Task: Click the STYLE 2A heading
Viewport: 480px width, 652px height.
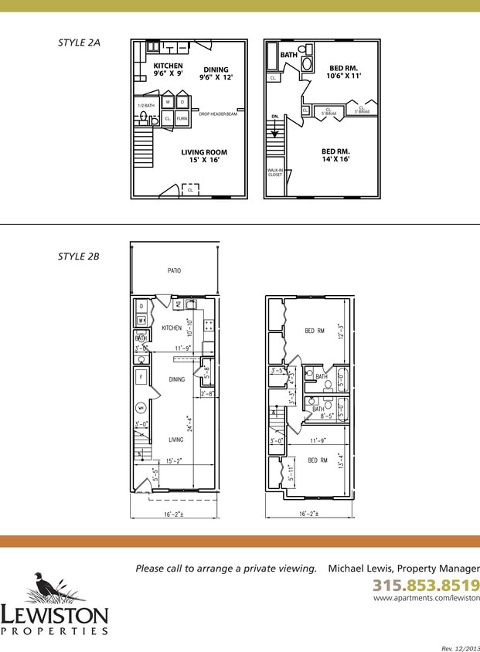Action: point(79,42)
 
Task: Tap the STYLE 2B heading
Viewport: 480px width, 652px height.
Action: point(79,256)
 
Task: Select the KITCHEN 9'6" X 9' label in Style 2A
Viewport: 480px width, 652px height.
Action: point(169,70)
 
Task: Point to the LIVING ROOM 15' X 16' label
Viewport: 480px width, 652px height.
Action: point(204,156)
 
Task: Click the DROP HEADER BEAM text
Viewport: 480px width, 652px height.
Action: point(217,114)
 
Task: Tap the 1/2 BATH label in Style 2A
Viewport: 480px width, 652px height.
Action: point(145,105)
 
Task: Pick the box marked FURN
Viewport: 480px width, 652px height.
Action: point(182,119)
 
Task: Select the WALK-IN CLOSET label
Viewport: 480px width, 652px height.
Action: point(275,172)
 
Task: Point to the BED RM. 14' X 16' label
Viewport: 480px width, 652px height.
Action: point(335,155)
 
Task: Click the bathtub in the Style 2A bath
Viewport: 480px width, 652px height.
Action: point(273,56)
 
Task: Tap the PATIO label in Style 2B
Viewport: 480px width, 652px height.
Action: point(175,271)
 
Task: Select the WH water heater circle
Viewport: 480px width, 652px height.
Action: point(141,407)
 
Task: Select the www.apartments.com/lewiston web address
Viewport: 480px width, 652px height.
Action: point(426,598)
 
